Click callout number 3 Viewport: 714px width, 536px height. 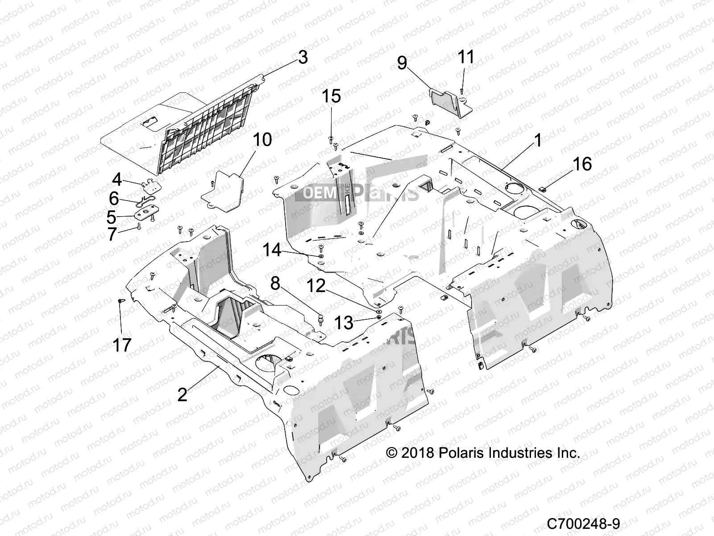[x=303, y=58]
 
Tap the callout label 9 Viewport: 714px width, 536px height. [x=402, y=63]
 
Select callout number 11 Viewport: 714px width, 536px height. [x=466, y=57]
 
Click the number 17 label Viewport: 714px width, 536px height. [x=122, y=345]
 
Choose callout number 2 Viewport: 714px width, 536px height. [x=182, y=394]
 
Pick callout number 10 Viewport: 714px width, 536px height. [x=262, y=140]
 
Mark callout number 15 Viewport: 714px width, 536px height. [x=332, y=96]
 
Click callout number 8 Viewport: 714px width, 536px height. [x=275, y=284]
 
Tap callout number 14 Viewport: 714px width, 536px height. [x=272, y=250]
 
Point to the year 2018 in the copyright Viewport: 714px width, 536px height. [x=418, y=453]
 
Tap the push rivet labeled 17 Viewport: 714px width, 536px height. [x=120, y=302]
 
